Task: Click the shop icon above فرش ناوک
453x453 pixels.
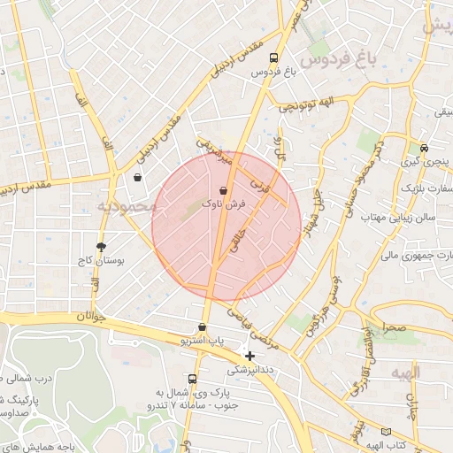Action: click(x=222, y=190)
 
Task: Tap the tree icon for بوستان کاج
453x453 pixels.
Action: click(x=101, y=247)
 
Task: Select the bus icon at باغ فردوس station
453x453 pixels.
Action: click(x=273, y=58)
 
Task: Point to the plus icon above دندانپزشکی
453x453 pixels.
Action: click(x=250, y=356)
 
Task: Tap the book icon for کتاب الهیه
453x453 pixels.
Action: click(x=385, y=431)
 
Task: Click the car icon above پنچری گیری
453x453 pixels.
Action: click(x=425, y=148)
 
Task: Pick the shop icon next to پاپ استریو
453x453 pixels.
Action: click(x=203, y=327)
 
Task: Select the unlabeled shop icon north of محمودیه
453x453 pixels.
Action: click(x=137, y=177)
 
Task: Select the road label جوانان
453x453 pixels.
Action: click(x=90, y=316)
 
